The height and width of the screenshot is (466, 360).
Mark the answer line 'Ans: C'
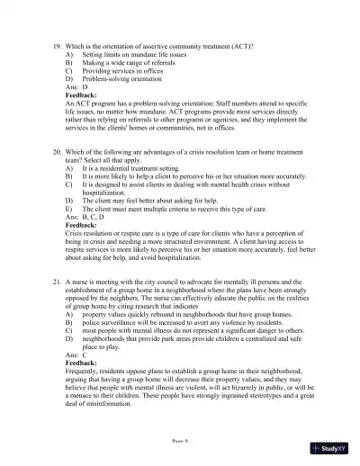(77, 358)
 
